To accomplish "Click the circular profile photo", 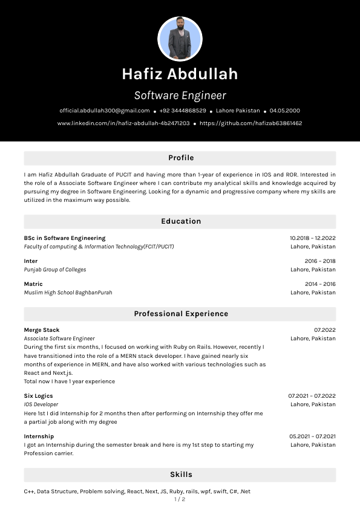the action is [x=180, y=39].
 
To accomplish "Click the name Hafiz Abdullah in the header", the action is [x=180, y=74].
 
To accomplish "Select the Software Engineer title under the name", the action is [x=180, y=96].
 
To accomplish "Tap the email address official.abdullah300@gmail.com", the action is [x=105, y=111].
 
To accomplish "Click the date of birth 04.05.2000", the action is [x=285, y=111].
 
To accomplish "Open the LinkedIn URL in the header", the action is [x=123, y=123].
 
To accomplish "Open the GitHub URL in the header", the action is [x=250, y=123].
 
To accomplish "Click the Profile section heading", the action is [x=181, y=158].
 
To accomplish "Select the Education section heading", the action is [x=181, y=221].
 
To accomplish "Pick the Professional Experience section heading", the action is [x=181, y=314].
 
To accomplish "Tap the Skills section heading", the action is [x=181, y=475].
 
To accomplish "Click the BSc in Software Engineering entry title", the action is [x=65, y=238].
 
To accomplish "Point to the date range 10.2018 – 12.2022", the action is [x=312, y=238].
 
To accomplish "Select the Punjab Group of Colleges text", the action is [x=55, y=270].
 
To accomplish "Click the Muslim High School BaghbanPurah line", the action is [x=68, y=293].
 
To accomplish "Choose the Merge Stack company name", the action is [x=42, y=330].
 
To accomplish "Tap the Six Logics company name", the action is [x=38, y=396].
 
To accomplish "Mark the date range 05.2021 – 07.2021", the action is [x=312, y=436].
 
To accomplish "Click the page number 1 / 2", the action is [x=180, y=499].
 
